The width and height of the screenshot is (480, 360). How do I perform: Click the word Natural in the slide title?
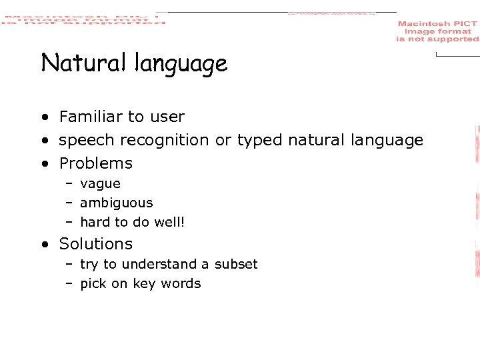pos(85,63)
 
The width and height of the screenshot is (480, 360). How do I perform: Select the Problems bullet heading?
pos(96,163)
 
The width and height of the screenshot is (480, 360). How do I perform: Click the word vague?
pos(100,184)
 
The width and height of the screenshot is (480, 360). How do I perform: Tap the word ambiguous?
pos(116,203)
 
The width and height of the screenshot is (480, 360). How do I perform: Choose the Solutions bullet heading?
pos(96,244)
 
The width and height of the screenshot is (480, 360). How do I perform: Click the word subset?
pos(235,264)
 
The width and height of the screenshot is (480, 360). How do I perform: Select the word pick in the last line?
pos(93,284)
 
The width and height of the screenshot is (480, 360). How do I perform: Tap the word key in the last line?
pos(143,284)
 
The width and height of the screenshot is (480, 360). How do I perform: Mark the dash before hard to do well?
pos(69,222)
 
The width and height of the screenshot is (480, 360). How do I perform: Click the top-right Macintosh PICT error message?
pos(437,31)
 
